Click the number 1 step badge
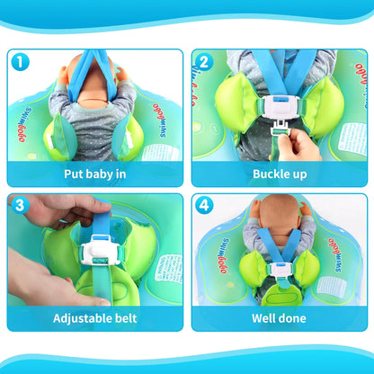21,63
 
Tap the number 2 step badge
204,63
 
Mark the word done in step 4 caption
294,318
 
